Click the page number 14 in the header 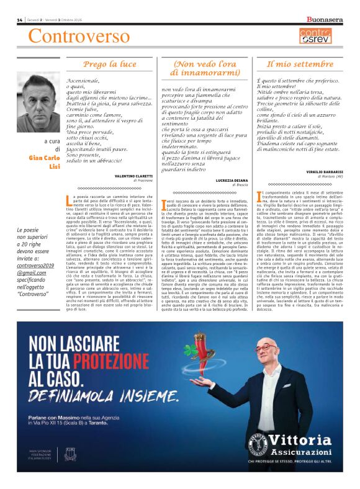(x=20, y=20)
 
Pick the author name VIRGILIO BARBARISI (x=316, y=171)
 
